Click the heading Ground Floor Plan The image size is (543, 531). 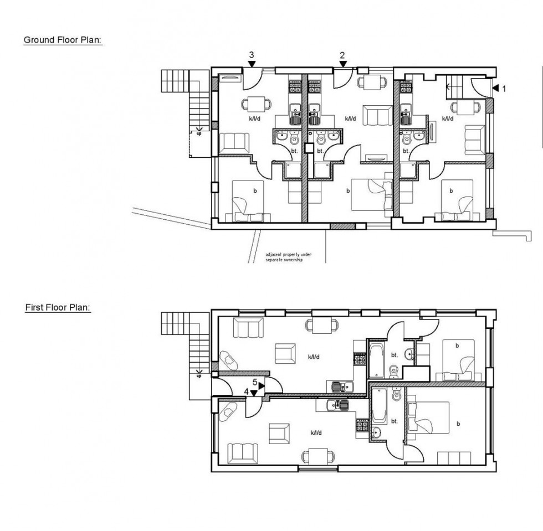point(63,40)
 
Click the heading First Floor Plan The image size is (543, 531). point(58,307)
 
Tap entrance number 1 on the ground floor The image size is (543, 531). point(502,87)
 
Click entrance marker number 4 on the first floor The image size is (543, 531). point(247,391)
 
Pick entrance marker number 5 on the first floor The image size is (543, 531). point(255,382)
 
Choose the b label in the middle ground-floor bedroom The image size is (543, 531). point(349,190)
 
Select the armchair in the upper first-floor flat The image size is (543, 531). point(284,353)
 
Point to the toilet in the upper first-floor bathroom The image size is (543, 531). point(393,370)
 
